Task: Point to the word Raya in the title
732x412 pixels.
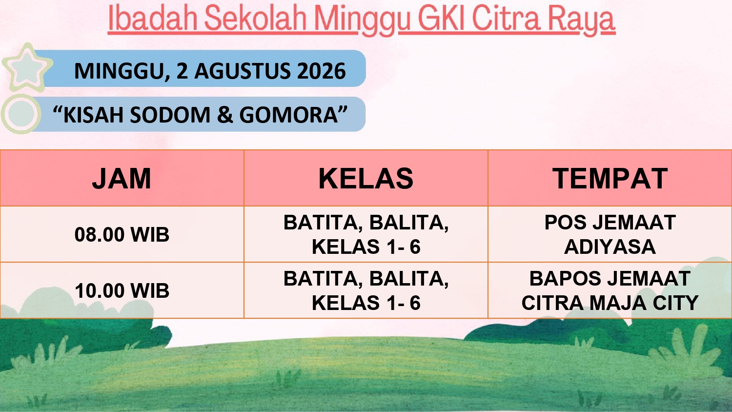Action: (x=582, y=21)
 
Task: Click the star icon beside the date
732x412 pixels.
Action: (x=27, y=67)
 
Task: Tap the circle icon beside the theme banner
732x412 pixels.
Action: (x=21, y=114)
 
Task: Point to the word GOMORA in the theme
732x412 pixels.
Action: (x=288, y=115)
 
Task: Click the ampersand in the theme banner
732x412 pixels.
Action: (x=225, y=115)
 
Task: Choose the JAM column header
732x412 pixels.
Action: (x=122, y=179)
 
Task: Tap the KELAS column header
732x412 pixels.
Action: (x=366, y=179)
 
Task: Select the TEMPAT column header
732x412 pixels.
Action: (x=610, y=179)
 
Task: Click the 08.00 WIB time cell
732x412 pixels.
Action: (x=122, y=234)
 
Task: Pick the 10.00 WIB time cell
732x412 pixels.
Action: (x=122, y=290)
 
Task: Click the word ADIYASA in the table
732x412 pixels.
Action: (x=610, y=247)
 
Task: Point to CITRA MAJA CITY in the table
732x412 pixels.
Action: (x=610, y=303)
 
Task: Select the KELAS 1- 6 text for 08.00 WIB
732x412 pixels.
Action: (x=366, y=247)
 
